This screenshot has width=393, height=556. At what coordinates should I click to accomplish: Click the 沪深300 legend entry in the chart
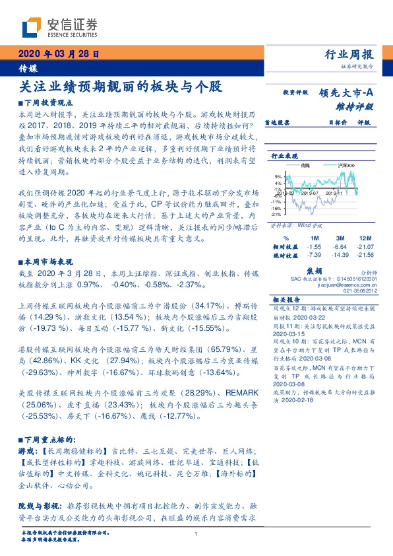click(344, 165)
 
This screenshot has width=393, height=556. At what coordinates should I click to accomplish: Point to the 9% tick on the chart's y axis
click(278, 177)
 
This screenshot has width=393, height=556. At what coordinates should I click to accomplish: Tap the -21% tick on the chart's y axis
click(277, 214)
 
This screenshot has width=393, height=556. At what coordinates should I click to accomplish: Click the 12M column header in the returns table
click(364, 238)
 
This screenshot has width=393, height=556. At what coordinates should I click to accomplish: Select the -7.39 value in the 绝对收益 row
click(314, 254)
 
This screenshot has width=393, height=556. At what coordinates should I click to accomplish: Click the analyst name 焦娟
click(314, 271)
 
